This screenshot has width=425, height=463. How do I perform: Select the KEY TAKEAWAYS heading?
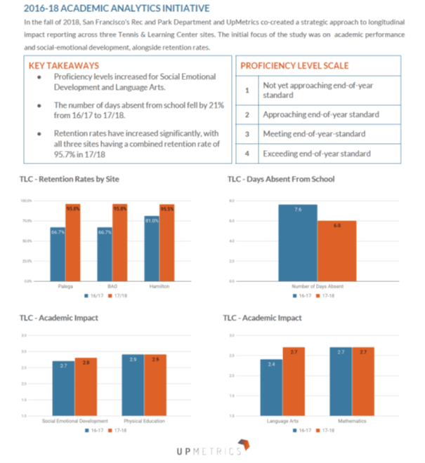pyautogui.click(x=61, y=65)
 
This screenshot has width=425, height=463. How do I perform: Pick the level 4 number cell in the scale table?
pyautogui.click(x=247, y=153)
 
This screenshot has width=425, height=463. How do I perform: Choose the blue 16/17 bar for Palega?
pyautogui.click(x=58, y=253)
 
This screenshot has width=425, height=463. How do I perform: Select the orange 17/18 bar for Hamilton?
pyautogui.click(x=167, y=242)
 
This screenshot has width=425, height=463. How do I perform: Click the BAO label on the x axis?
pyautogui.click(x=112, y=286)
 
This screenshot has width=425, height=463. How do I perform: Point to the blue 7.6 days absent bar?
pyautogui.click(x=298, y=242)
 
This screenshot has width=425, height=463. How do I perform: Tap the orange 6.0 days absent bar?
pyautogui.click(x=336, y=250)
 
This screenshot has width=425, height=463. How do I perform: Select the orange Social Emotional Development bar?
pyautogui.click(x=86, y=387)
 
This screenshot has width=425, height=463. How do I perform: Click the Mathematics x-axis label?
pyautogui.click(x=351, y=421)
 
